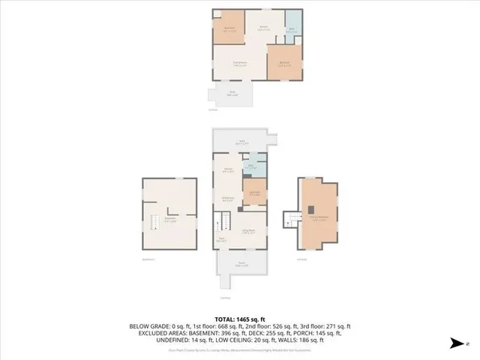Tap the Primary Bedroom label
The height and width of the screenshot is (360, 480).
(x=321, y=217)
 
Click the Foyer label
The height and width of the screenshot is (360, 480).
(x=222, y=239)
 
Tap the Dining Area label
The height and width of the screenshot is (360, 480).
(x=227, y=198)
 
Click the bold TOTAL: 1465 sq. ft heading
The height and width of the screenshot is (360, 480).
(x=240, y=319)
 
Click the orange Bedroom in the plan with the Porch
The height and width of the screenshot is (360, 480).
(x=255, y=193)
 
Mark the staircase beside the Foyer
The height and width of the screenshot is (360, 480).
(x=223, y=223)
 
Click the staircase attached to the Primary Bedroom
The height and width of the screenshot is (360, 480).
(x=289, y=219)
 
